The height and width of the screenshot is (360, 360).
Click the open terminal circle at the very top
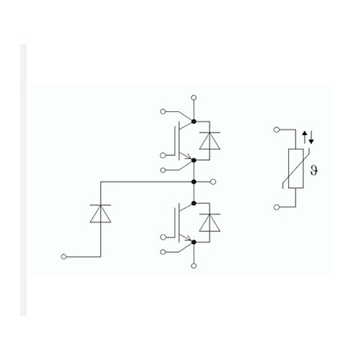click(194, 98)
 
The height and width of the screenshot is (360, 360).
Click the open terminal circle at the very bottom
click(194, 266)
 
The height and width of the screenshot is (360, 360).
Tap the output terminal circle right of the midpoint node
click(213, 182)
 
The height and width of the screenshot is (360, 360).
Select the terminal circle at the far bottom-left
click(63, 257)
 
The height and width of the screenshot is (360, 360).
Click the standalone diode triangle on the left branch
click(101, 214)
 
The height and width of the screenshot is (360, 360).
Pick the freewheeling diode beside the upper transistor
click(210, 141)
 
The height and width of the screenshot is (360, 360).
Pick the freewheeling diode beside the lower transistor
click(210, 222)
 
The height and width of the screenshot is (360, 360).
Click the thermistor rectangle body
click(296, 168)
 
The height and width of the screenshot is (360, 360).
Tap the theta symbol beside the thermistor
click(314, 170)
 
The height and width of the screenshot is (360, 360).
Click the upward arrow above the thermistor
click(305, 137)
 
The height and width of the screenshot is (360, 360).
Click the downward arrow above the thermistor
click(311, 138)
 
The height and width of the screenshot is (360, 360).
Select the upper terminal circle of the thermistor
click(277, 130)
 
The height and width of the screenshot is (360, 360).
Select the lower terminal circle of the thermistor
click(277, 207)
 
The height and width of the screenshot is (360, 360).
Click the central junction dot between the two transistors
click(194, 182)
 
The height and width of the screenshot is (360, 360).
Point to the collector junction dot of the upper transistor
click(194, 122)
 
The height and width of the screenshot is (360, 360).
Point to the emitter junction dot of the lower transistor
click(194, 242)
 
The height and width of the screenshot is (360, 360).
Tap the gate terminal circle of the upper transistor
click(162, 155)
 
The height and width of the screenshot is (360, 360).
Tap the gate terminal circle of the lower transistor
click(162, 237)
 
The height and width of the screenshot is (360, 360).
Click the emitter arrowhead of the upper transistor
click(189, 157)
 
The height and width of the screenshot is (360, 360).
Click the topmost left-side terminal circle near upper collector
click(162, 111)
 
